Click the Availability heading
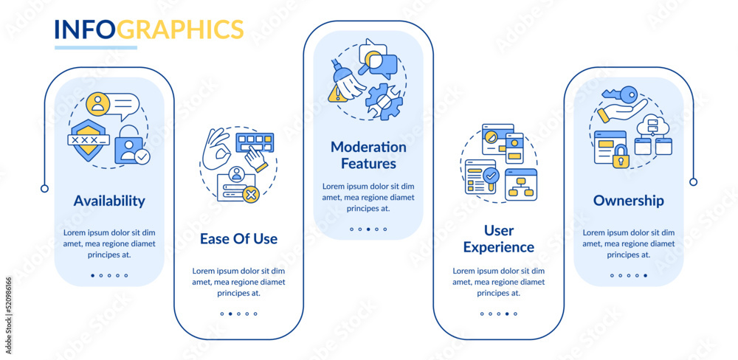[109, 201]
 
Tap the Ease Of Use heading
[238, 238]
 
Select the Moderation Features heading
[368, 156]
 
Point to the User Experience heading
[499, 238]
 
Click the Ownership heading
[628, 201]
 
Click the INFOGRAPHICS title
[149, 30]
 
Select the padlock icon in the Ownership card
[620, 156]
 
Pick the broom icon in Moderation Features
[348, 79]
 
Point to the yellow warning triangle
[336, 95]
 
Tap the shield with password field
[89, 137]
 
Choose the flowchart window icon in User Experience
[521, 184]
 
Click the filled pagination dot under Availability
[92, 275]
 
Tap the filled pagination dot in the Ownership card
[645, 275]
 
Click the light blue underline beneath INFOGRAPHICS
[95, 47]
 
